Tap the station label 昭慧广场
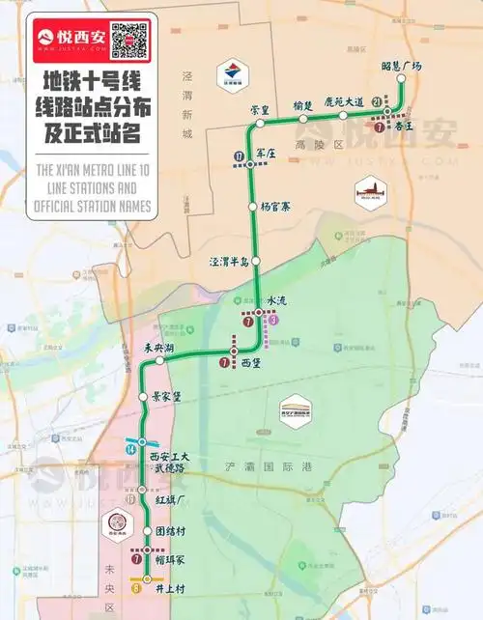(x=403, y=66)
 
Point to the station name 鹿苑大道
(x=343, y=101)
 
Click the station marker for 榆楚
(x=303, y=118)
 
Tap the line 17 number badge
(x=239, y=156)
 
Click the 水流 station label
(x=277, y=301)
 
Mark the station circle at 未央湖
(x=159, y=360)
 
